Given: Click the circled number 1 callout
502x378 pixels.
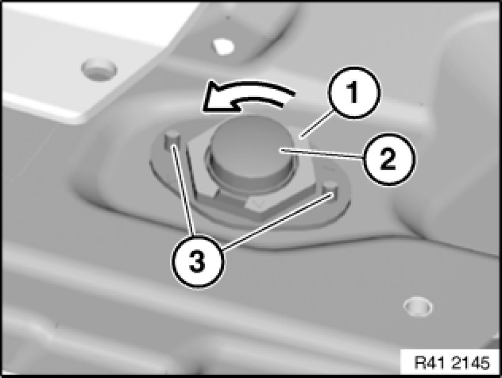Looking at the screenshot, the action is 353,92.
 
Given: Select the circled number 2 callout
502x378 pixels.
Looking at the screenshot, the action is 388,159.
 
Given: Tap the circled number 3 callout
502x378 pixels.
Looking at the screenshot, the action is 197,262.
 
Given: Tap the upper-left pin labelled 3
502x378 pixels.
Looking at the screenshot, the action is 172,140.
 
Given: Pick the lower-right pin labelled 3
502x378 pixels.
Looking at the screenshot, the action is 330,191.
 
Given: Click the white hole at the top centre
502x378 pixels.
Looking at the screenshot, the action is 224,46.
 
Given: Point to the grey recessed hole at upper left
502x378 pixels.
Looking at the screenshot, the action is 99,69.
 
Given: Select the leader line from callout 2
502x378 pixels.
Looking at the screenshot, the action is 321,153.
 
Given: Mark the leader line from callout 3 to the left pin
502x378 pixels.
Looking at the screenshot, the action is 183,190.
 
